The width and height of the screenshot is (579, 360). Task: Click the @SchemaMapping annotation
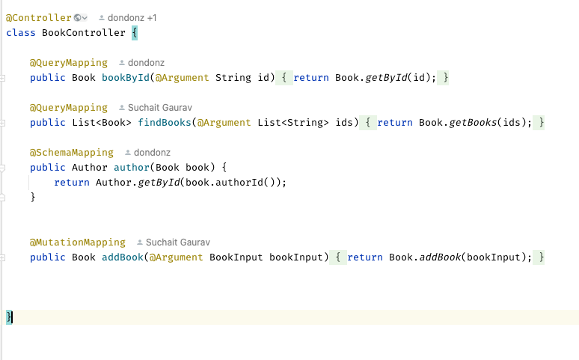pyautogui.click(x=72, y=152)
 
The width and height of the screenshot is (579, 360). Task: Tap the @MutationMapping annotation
pyautogui.click(x=78, y=242)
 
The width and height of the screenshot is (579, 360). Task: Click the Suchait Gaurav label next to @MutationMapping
pyautogui.click(x=178, y=242)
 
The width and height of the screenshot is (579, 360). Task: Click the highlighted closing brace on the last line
pyautogui.click(x=9, y=317)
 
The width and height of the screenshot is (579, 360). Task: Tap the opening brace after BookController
pyautogui.click(x=135, y=33)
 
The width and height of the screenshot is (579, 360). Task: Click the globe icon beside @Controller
pyautogui.click(x=77, y=17)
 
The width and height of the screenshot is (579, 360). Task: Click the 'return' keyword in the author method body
pyautogui.click(x=72, y=183)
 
